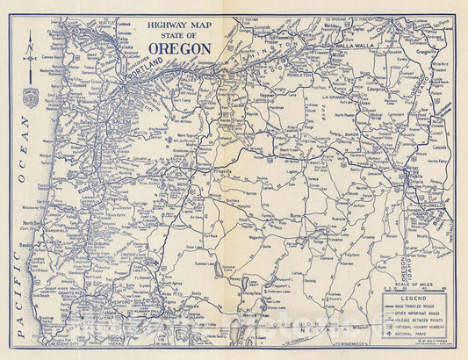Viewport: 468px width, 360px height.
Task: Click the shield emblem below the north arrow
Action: pyautogui.click(x=30, y=98)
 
